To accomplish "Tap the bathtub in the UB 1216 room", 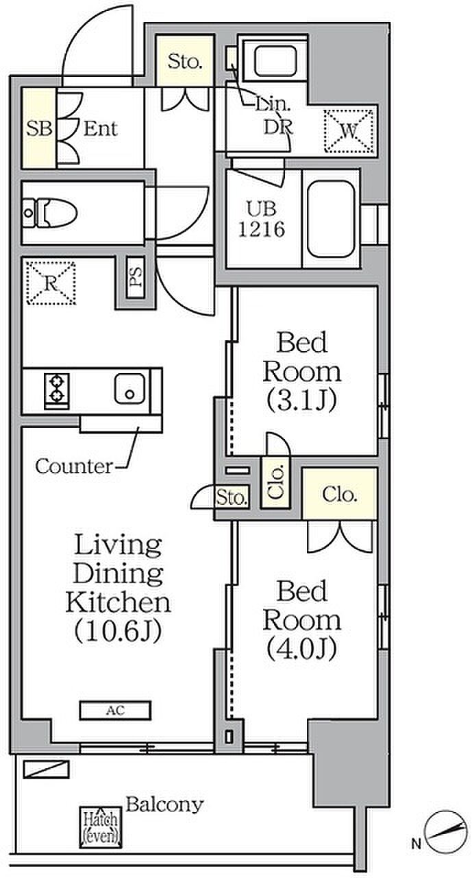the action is click(331, 219).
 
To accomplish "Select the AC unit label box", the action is click(115, 710).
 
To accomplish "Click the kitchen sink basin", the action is click(129, 388).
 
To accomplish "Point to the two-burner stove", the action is click(57, 390).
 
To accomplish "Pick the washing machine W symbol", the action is click(349, 130).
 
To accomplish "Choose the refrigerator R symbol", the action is click(51, 283).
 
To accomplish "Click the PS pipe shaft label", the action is click(136, 276).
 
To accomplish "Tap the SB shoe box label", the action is click(39, 128).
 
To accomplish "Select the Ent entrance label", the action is click(101, 128).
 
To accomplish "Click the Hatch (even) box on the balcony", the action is click(101, 827).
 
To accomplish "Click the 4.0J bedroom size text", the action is click(301, 649).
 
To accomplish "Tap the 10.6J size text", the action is click(118, 630).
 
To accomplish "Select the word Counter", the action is click(73, 466).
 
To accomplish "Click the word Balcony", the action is click(164, 805).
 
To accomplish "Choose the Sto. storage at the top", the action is click(185, 62).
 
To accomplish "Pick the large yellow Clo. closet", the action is click(340, 494).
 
